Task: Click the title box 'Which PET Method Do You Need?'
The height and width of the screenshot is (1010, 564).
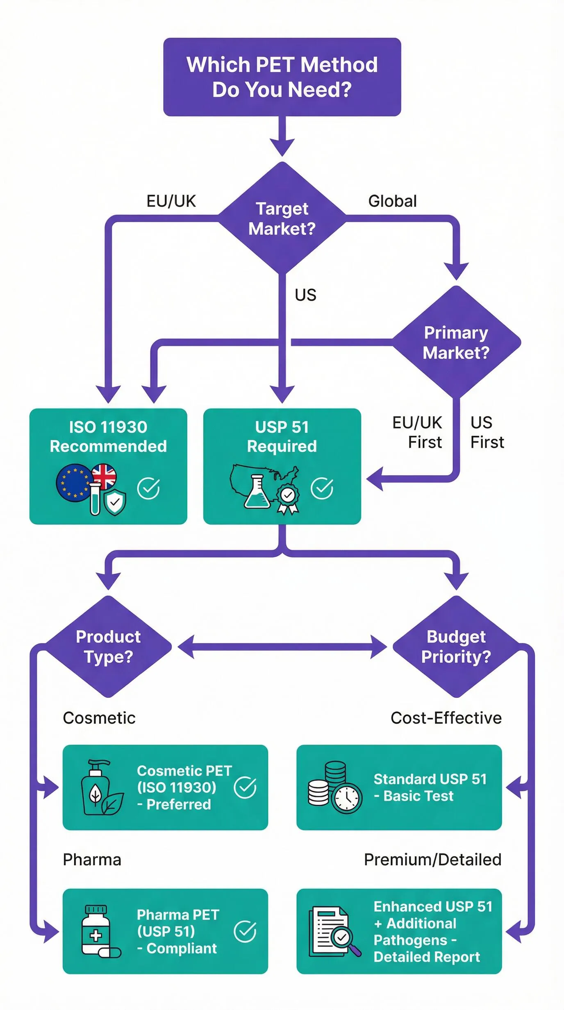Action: point(282,77)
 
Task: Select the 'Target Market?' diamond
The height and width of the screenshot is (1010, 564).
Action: point(282,218)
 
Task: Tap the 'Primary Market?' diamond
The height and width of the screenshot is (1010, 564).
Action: point(456,342)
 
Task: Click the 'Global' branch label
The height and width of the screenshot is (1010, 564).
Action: point(392,201)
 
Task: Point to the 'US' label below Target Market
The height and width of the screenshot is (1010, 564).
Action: point(305,295)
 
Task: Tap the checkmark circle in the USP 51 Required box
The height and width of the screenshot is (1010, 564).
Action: point(322,488)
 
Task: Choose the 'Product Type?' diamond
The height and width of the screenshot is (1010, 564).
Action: point(108,647)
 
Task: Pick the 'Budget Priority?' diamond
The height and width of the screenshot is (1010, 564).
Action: point(456,647)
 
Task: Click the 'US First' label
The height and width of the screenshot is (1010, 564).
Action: point(487,432)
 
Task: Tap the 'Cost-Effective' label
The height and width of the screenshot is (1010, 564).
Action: point(446,718)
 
